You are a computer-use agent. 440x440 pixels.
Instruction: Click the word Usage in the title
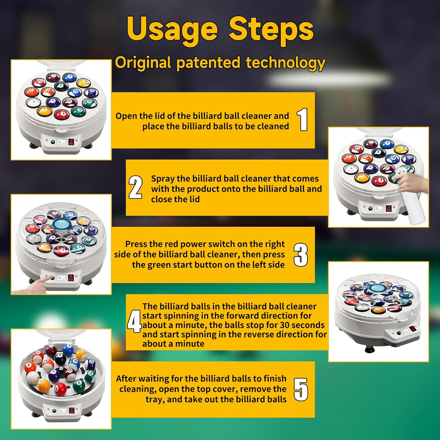tap(172, 30)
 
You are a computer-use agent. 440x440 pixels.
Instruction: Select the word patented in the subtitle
tap(208, 62)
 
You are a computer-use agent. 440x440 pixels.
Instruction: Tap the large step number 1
tap(302, 119)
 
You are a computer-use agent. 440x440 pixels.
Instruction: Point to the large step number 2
tap(136, 187)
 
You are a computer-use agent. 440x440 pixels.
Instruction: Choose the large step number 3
tap(301, 255)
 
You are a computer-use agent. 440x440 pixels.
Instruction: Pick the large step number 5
tap(301, 389)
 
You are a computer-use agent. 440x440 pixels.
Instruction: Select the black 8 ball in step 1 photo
tap(61, 86)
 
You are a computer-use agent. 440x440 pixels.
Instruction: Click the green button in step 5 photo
tap(54, 411)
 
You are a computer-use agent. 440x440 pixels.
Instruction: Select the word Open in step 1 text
tap(126, 116)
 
